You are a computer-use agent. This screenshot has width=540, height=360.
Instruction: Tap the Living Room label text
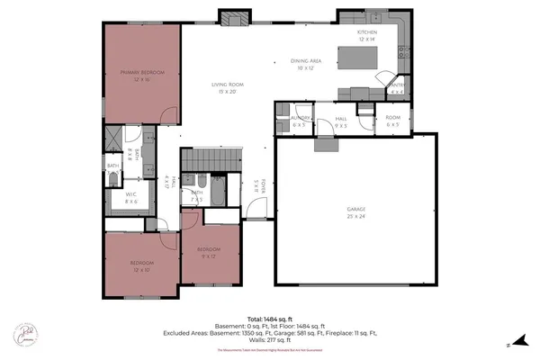tap(229, 85)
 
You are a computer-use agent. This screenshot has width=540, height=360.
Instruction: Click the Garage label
tap(356, 209)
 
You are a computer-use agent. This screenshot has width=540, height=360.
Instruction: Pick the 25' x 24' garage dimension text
tap(356, 216)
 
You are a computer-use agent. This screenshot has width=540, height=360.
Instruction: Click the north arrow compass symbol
tap(510, 343)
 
